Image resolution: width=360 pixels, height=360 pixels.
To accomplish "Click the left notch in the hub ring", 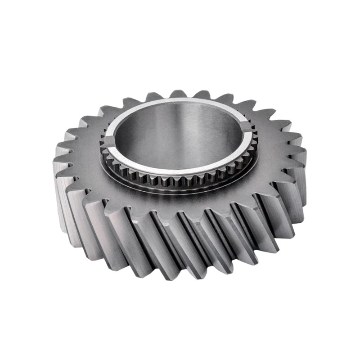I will point(109,142).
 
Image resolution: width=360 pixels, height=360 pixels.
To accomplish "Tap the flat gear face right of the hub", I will point(274,153).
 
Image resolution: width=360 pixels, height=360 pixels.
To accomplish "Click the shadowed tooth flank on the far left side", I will point(63,198).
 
